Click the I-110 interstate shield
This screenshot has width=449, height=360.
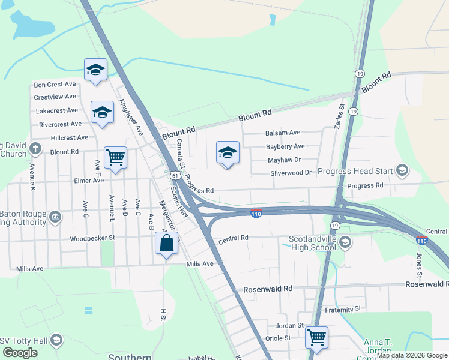point(256,214)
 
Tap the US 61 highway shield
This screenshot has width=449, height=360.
point(173,175)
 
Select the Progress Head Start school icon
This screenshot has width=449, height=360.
point(402,171)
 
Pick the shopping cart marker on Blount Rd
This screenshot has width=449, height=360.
point(115,158)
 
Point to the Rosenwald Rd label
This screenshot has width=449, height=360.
point(268,289)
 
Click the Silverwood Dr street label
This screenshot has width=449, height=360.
point(291,173)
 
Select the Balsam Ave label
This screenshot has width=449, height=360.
point(282,133)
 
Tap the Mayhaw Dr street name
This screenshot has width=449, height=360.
point(284,160)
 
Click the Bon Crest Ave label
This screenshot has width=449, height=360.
point(55,85)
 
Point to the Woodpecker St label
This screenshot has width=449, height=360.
point(92,238)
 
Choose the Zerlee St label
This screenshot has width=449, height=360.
point(339,114)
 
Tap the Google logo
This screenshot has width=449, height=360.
point(20,353)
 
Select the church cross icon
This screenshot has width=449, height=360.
point(35,148)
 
